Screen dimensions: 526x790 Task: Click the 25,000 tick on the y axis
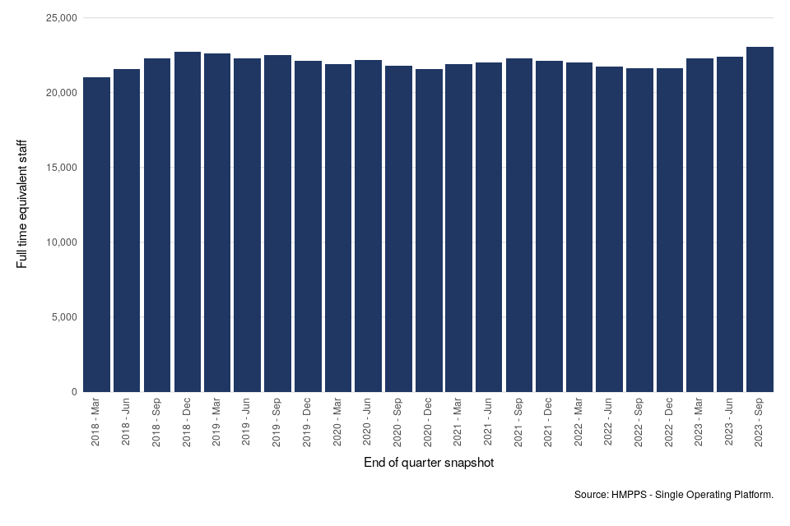[58, 18]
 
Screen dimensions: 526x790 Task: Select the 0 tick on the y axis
[73, 392]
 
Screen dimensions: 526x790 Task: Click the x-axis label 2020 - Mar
[338, 424]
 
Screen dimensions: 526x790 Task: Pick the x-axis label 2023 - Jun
[730, 424]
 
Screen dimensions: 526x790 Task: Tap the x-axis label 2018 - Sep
[157, 424]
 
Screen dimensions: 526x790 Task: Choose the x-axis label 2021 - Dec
[549, 424]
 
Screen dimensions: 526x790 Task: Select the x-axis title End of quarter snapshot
[429, 464]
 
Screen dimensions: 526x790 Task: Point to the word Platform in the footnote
[750, 495]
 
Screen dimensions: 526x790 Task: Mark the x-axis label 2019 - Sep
[278, 424]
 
